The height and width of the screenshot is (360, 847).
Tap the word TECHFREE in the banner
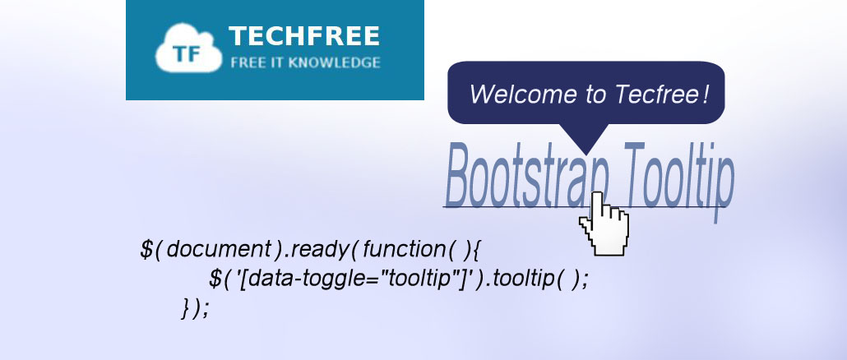pyautogui.click(x=304, y=37)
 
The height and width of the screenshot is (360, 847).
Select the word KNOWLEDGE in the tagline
pyautogui.click(x=334, y=62)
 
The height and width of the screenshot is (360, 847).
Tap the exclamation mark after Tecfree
pyautogui.click(x=705, y=94)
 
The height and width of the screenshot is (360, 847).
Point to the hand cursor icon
pyautogui.click(x=604, y=223)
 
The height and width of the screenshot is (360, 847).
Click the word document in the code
pyautogui.click(x=220, y=249)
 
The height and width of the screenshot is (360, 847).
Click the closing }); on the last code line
pyautogui.click(x=194, y=307)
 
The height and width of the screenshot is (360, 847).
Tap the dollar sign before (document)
pyautogui.click(x=146, y=249)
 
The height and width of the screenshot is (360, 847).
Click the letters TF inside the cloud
pyautogui.click(x=183, y=54)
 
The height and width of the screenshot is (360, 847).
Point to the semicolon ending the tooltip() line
pyautogui.click(x=584, y=281)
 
